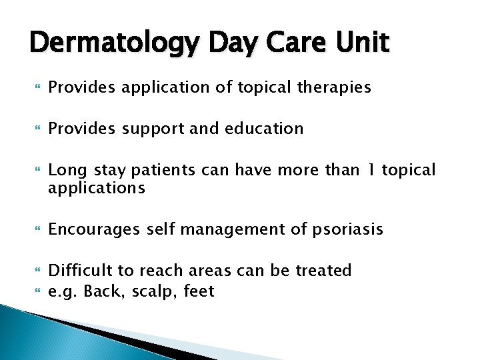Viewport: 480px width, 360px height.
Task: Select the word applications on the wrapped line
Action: click(96, 188)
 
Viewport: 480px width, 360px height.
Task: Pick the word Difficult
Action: click(81, 271)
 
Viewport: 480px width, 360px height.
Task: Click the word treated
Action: click(322, 271)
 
